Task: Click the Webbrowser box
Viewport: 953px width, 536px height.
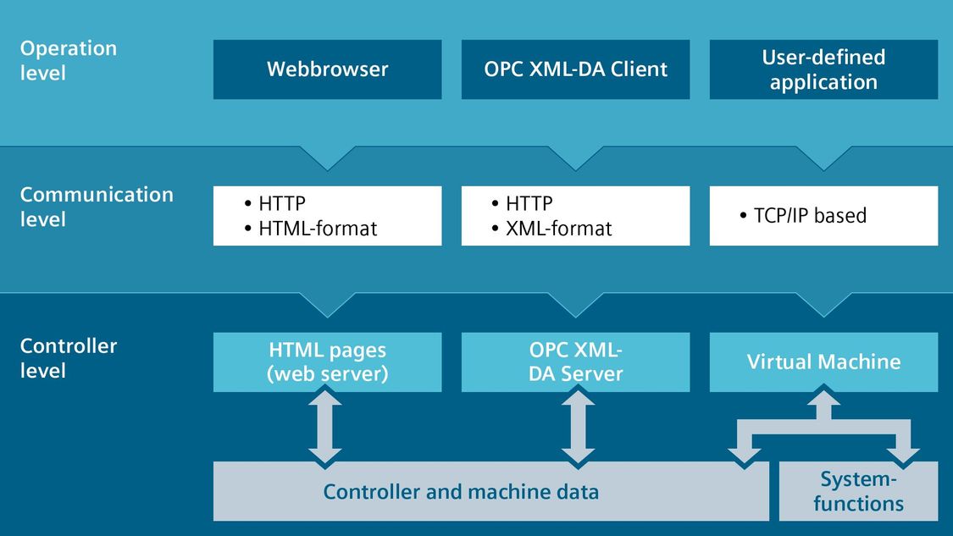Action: (x=328, y=69)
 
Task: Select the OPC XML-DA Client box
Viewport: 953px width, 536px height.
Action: (x=575, y=69)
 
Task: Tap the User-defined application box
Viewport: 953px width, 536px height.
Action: (x=823, y=69)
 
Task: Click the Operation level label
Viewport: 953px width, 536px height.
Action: (x=68, y=60)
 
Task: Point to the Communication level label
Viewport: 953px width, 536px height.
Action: (x=97, y=207)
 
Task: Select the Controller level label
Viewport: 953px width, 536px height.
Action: (x=68, y=358)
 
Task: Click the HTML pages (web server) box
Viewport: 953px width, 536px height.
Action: (x=328, y=362)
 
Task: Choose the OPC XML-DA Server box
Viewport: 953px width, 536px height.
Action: (x=575, y=362)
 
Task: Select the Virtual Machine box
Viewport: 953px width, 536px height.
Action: (x=823, y=362)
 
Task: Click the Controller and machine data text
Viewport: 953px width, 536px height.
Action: (x=461, y=492)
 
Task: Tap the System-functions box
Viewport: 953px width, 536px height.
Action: (x=858, y=491)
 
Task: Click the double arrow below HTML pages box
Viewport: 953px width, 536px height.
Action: (x=325, y=427)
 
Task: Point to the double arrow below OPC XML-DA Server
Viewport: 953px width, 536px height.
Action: (x=578, y=427)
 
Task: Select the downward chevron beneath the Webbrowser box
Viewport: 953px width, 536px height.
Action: (x=328, y=158)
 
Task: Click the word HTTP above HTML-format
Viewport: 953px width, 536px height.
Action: (x=282, y=203)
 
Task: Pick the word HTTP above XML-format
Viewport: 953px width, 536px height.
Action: (x=529, y=203)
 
